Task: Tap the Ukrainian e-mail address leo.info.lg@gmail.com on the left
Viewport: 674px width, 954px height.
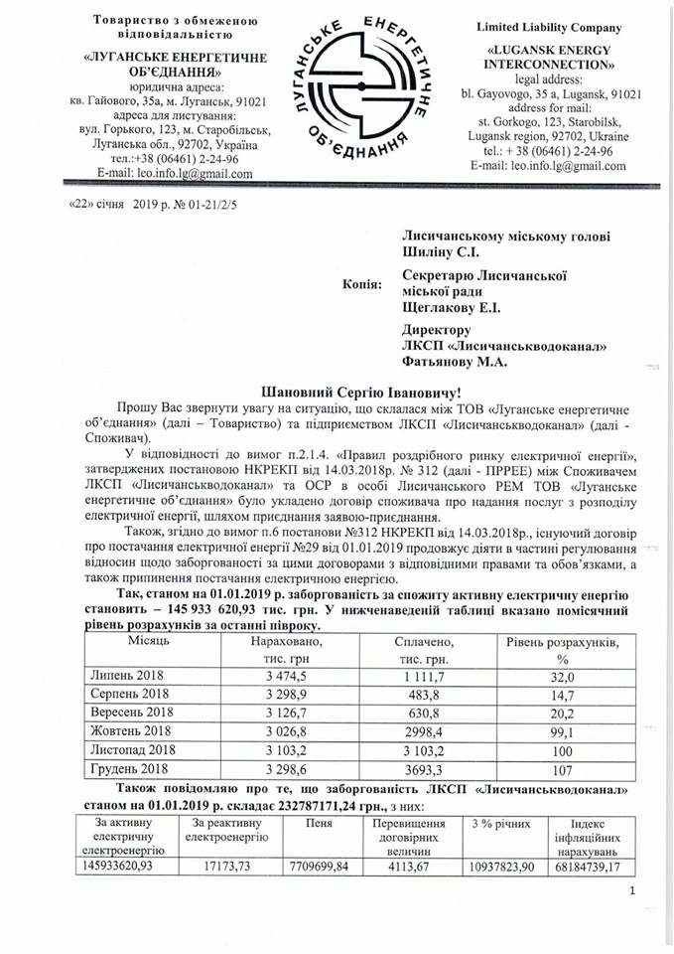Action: click(170, 173)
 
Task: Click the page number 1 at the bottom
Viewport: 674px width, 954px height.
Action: click(631, 898)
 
